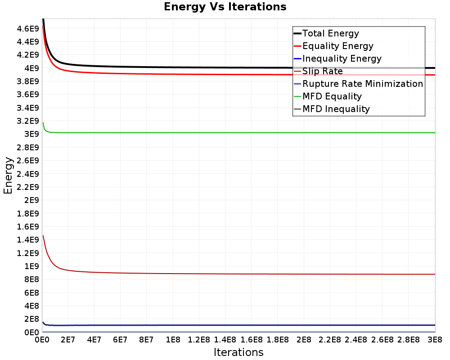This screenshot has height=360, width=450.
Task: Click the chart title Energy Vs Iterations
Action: (x=225, y=7)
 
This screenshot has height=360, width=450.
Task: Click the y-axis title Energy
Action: (x=8, y=175)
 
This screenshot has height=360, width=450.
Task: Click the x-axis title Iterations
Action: (x=238, y=352)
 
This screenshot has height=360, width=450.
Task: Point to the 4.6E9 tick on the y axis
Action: (x=27, y=29)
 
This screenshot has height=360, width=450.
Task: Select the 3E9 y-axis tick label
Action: (x=31, y=134)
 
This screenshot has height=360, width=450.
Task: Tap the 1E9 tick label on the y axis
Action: (x=31, y=266)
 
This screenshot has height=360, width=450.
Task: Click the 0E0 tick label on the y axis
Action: (x=31, y=332)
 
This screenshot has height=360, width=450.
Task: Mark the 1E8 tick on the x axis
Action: (x=173, y=340)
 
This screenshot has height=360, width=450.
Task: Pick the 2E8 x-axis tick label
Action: (x=304, y=340)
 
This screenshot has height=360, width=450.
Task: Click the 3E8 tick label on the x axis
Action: (x=435, y=340)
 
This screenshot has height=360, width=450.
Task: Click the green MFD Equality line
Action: (x=239, y=133)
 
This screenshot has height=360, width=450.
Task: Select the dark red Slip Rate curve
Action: (x=239, y=274)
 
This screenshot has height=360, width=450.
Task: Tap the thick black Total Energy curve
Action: (x=239, y=67)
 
